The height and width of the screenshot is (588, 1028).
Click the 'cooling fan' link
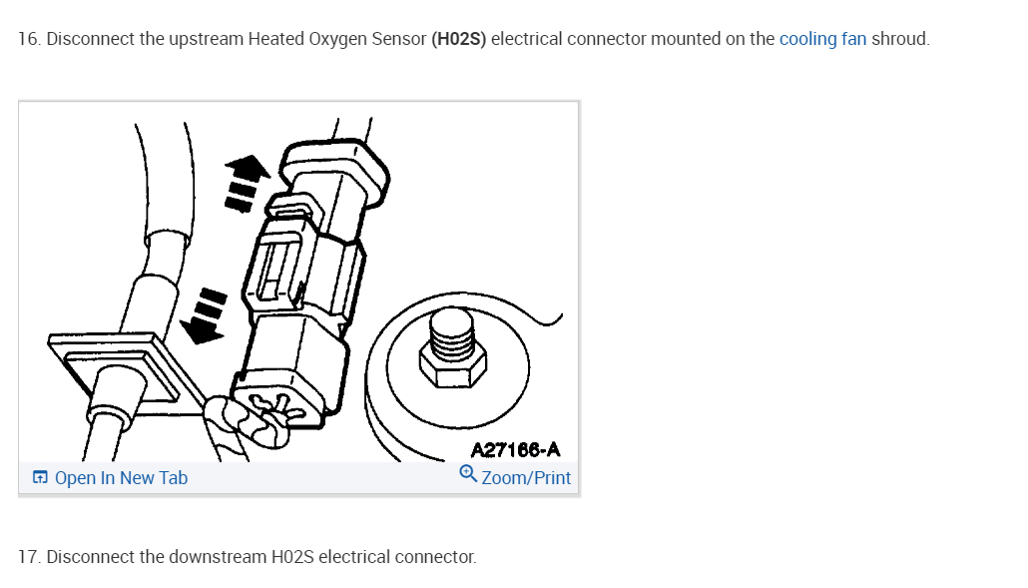(822, 40)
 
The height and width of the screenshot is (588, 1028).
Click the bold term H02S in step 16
(459, 40)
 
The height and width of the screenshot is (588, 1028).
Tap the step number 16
(30, 40)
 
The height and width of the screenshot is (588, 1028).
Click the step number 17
(30, 556)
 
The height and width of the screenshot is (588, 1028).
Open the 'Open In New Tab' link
(121, 478)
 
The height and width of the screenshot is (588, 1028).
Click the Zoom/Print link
(526, 478)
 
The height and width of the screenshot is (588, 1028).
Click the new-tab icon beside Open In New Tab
(40, 478)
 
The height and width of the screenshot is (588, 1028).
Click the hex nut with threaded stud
(452, 354)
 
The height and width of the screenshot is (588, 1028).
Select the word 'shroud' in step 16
(899, 40)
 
